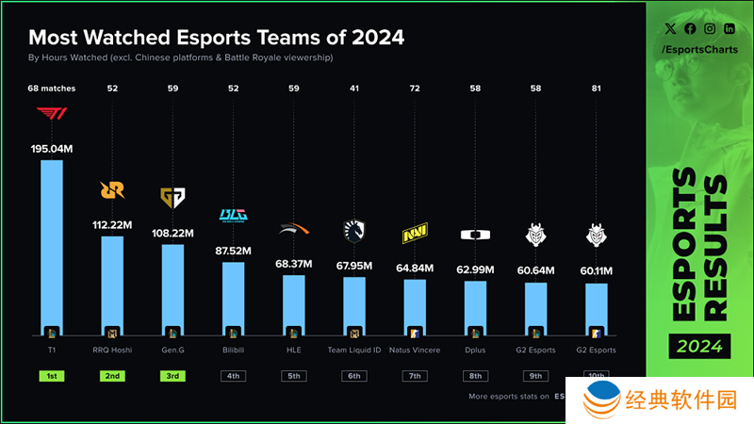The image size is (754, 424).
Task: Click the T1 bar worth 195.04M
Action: (51, 250)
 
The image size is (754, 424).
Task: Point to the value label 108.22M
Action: (172, 233)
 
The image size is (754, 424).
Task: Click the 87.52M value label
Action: (233, 251)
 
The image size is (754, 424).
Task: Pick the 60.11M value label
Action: (596, 271)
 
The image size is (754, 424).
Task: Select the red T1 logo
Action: (51, 115)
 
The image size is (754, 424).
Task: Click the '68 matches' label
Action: (51, 89)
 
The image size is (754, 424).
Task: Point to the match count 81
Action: (596, 89)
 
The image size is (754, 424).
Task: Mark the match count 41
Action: (354, 89)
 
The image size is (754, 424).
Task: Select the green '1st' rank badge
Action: (51, 376)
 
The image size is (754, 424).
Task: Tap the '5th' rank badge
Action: (293, 376)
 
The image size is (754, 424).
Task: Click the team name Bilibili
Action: (233, 351)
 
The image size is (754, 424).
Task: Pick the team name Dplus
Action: (475, 351)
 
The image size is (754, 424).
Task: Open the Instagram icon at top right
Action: (709, 29)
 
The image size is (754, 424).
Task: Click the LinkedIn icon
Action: (729, 29)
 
